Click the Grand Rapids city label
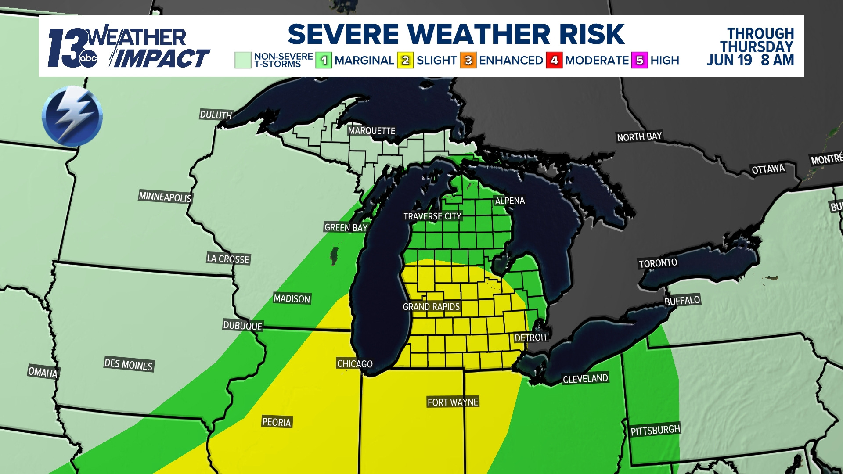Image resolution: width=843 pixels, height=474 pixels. (x=431, y=306)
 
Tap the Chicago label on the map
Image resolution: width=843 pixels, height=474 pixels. (x=355, y=363)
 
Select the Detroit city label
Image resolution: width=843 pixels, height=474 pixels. (x=531, y=337)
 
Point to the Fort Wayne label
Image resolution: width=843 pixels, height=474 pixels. (x=453, y=402)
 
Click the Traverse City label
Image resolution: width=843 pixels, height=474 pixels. (x=432, y=216)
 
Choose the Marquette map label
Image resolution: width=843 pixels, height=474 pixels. (x=371, y=131)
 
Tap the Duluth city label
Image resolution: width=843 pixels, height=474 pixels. (x=216, y=115)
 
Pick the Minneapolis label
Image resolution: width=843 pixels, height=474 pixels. (x=165, y=197)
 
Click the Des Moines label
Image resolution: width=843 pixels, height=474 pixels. (x=129, y=364)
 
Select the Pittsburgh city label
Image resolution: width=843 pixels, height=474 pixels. (x=655, y=430)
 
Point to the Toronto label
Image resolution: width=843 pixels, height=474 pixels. (x=658, y=263)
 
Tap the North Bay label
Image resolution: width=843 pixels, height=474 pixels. (x=639, y=137)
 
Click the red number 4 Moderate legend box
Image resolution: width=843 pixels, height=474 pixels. (x=554, y=61)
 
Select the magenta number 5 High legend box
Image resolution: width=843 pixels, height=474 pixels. (x=640, y=61)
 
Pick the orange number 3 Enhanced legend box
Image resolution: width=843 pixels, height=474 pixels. (x=468, y=61)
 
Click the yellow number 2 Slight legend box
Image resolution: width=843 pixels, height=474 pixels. (x=405, y=61)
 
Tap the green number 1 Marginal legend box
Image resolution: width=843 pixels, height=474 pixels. (x=324, y=61)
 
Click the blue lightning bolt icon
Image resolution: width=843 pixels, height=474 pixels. (x=72, y=116)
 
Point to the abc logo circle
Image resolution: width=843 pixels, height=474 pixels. (x=88, y=59)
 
